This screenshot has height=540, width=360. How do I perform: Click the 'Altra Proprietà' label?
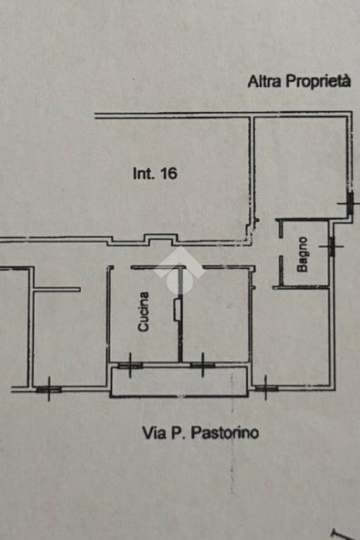(x=299, y=82)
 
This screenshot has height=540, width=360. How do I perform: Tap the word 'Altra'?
(x=264, y=82)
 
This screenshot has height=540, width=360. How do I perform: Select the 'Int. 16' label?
(x=155, y=173)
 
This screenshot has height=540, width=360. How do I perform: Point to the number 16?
(x=169, y=173)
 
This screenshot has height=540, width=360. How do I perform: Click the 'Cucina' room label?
(x=143, y=312)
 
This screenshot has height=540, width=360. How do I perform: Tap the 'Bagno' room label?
(x=303, y=254)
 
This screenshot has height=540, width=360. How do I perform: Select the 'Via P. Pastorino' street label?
(x=200, y=433)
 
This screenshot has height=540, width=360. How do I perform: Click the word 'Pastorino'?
(x=225, y=433)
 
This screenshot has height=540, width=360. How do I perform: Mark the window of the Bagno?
(x=332, y=246)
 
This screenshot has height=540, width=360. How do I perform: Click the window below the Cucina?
(x=130, y=366)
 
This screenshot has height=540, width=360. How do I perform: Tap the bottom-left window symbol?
(x=48, y=389)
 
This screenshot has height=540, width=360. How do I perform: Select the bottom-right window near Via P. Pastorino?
(x=266, y=388)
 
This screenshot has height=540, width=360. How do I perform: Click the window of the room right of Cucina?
(x=202, y=366)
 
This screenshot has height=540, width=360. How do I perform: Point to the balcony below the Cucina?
(x=179, y=381)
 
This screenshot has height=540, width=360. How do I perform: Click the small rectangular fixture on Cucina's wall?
(x=177, y=310)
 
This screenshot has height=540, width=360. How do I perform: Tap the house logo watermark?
(x=180, y=270)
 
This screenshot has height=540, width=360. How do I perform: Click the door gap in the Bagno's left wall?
(x=281, y=246)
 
